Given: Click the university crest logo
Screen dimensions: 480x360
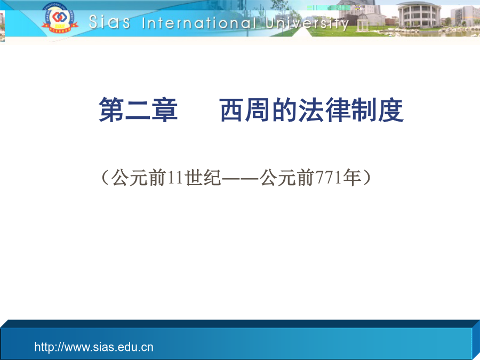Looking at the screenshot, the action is coord(59,18).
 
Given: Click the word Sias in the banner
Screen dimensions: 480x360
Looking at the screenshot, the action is coord(109,22).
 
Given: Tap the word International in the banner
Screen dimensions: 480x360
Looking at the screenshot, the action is coord(199,23).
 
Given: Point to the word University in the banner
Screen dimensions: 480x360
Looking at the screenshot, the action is coord(307,23).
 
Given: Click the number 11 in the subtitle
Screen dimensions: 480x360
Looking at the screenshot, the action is coord(175,178).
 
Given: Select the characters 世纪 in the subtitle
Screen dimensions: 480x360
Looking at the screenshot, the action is coord(203,178).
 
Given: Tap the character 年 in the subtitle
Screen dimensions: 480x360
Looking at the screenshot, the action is coord(352,178).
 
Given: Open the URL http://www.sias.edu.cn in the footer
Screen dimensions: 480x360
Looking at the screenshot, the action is coord(94,347).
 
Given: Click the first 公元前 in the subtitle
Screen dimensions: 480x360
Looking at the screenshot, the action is coord(139,178).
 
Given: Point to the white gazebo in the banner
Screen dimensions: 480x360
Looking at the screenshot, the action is coord(363,21).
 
